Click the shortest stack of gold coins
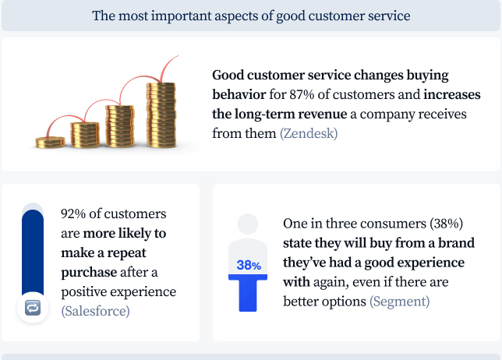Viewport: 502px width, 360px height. click(50, 143)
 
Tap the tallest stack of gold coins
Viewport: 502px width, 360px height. click(161, 115)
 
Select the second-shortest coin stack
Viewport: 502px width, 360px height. click(85, 135)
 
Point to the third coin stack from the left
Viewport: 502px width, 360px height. click(120, 126)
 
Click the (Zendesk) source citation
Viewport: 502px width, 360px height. click(309, 133)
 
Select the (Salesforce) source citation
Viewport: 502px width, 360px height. click(95, 311)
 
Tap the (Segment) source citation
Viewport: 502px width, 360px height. click(400, 302)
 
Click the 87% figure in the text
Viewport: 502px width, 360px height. click(302, 95)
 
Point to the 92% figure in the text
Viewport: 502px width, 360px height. click(73, 214)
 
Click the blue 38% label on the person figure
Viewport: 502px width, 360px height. click(249, 265)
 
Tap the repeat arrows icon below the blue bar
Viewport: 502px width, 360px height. click(33, 308)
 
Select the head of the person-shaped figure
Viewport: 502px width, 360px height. click(248, 224)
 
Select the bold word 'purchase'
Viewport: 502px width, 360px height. click(89, 273)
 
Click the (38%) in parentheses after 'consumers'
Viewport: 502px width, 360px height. click(446, 224)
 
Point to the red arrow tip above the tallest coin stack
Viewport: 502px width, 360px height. click(178, 56)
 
